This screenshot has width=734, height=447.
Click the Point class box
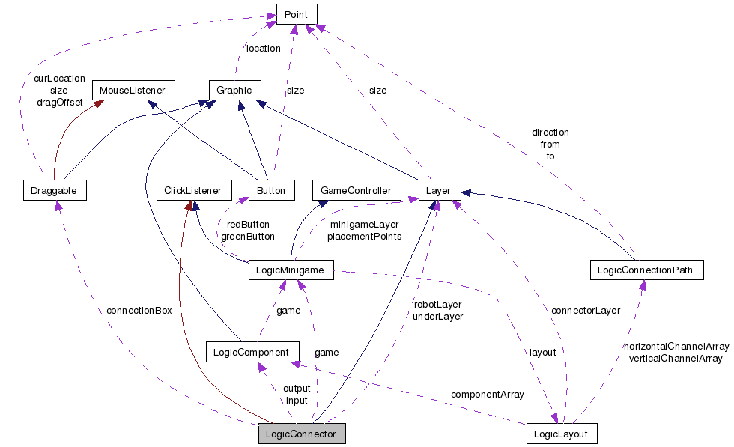pos(297,14)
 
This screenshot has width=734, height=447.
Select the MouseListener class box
pos(133,90)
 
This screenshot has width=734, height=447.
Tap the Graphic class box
pos(234,90)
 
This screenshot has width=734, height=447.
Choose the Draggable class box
pos(54,190)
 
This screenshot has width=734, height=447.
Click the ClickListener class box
pos(192,190)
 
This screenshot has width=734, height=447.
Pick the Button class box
pos(270,190)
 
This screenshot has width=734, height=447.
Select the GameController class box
pos(356,190)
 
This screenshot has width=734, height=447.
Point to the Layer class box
pos(438,190)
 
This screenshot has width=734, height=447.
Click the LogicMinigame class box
pos(290,270)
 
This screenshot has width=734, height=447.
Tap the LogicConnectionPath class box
pos(646,270)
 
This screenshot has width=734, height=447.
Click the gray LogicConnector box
pos(302,434)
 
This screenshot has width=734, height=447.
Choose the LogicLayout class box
pos(561,434)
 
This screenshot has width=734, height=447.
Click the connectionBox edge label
pos(139,310)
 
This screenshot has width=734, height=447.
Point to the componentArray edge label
pos(488,394)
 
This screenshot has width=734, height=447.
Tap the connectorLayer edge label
pos(585,310)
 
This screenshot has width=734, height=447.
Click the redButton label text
pos(247,224)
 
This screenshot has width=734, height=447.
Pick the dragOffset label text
pos(59,102)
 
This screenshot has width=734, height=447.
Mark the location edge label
pos(263,48)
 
